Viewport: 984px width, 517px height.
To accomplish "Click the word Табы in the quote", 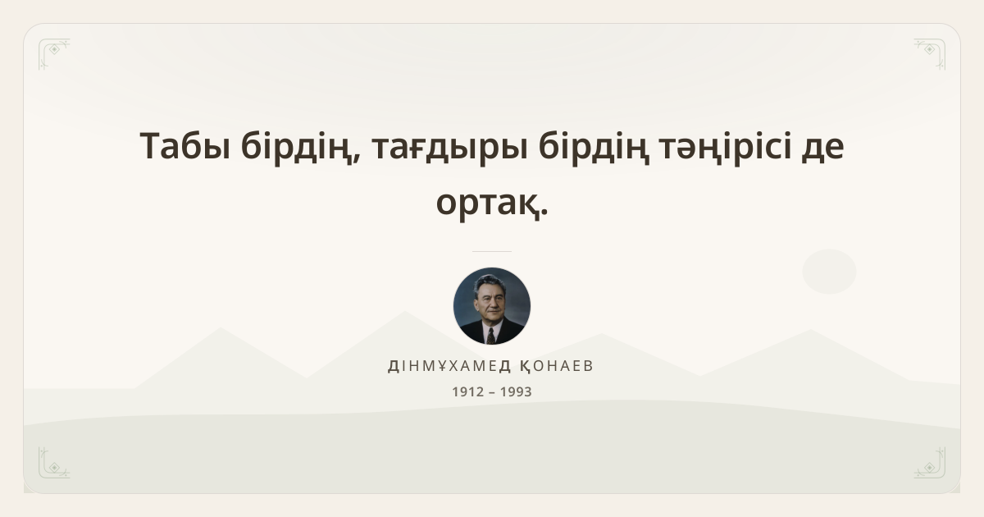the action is pyautogui.click(x=185, y=146).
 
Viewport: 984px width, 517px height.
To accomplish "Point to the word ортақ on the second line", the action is pyautogui.click(x=487, y=204).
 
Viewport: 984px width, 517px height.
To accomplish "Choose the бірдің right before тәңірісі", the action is pyautogui.click(x=594, y=148).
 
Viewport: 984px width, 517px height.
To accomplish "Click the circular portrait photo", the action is pyautogui.click(x=492, y=306).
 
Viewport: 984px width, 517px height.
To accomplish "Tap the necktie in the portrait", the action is pyautogui.click(x=490, y=336).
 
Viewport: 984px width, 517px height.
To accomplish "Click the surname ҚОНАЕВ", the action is pyautogui.click(x=557, y=366).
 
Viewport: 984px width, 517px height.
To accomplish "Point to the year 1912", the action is pyautogui.click(x=468, y=391).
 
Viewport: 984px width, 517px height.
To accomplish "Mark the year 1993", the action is pyautogui.click(x=516, y=391).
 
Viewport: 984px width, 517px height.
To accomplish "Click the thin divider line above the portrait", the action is pyautogui.click(x=492, y=251).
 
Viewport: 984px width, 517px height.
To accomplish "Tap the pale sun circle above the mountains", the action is pyautogui.click(x=829, y=272).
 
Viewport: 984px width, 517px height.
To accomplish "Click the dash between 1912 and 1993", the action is pyautogui.click(x=492, y=392).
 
